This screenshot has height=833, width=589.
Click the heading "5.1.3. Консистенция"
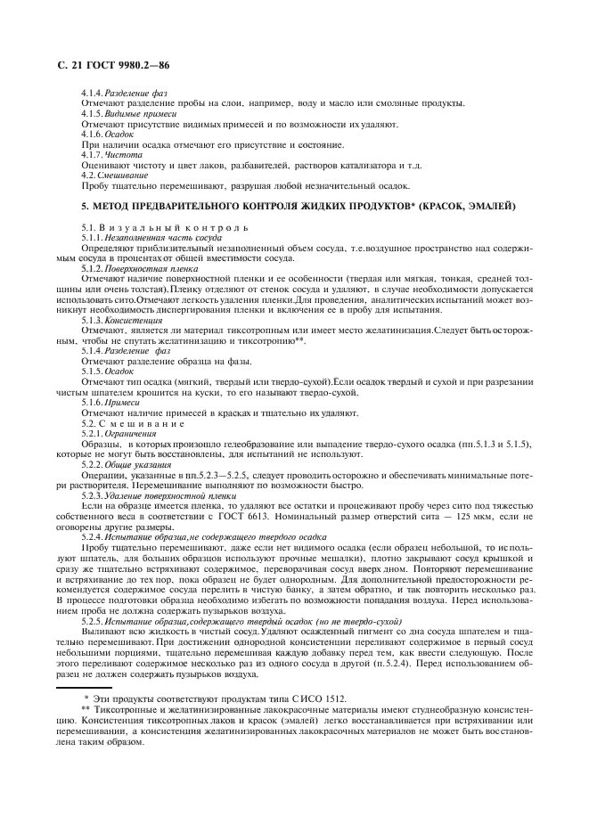coord(128,319)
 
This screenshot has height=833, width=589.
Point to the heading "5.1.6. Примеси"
coord(120,404)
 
